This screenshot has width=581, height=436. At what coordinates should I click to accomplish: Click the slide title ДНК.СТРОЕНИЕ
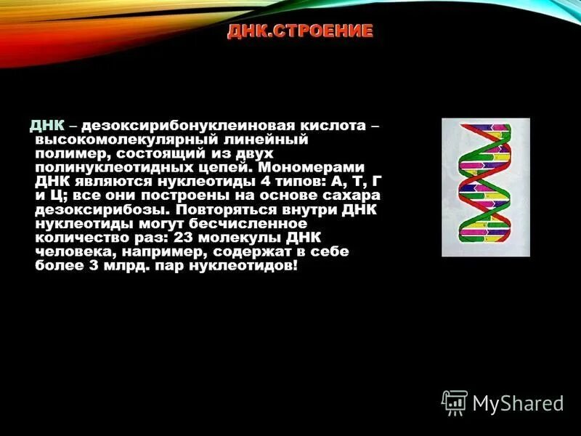pyautogui.click(x=300, y=31)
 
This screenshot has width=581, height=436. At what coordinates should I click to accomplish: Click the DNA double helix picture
pyautogui.click(x=485, y=187)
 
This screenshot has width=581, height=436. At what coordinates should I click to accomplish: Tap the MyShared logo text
pyautogui.click(x=518, y=403)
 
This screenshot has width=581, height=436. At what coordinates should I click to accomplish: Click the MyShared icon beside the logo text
pyautogui.click(x=454, y=402)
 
